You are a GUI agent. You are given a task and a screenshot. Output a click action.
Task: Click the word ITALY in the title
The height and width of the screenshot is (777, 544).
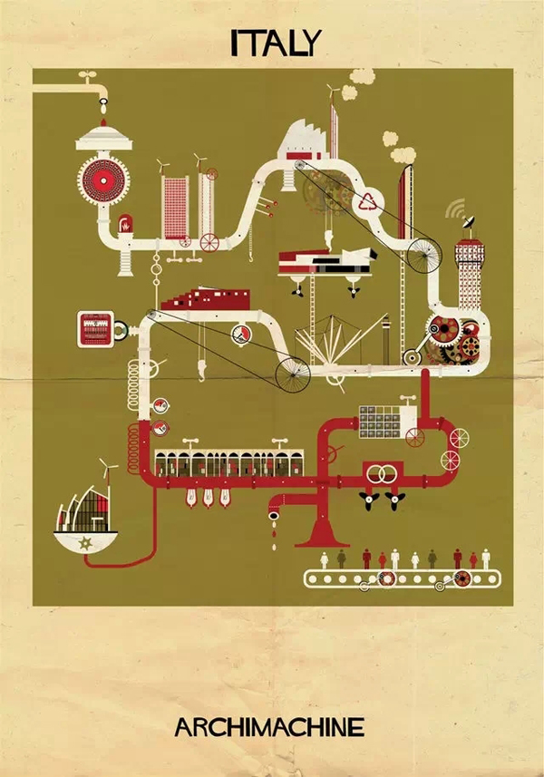[x=276, y=43]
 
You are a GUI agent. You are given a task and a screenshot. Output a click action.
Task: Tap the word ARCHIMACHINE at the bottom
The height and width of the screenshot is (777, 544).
[x=269, y=727]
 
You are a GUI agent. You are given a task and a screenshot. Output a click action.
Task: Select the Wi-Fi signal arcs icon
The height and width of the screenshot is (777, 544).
[x=455, y=209]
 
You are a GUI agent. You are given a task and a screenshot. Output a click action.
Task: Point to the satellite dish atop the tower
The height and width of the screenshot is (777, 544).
[x=469, y=223]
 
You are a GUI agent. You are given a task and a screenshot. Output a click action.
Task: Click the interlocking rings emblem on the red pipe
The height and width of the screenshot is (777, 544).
[x=383, y=474]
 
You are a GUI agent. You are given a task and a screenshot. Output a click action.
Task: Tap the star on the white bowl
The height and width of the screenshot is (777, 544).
[x=86, y=544]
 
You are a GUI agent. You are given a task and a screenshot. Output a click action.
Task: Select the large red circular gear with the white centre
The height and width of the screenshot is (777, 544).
[x=103, y=180]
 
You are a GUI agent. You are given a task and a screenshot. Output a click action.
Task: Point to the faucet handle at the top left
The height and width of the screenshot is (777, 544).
[x=88, y=76]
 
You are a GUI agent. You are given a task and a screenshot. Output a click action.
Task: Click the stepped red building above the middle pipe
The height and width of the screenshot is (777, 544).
[x=205, y=299]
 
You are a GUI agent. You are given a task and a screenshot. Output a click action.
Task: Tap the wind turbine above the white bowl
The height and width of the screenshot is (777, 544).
[x=107, y=468]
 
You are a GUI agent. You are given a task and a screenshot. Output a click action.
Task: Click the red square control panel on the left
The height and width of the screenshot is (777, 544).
[x=95, y=329]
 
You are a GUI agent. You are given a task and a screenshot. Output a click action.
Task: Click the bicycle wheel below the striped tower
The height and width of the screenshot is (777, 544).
[x=424, y=256]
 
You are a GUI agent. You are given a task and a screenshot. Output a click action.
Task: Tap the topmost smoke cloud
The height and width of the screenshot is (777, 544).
[x=362, y=76]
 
